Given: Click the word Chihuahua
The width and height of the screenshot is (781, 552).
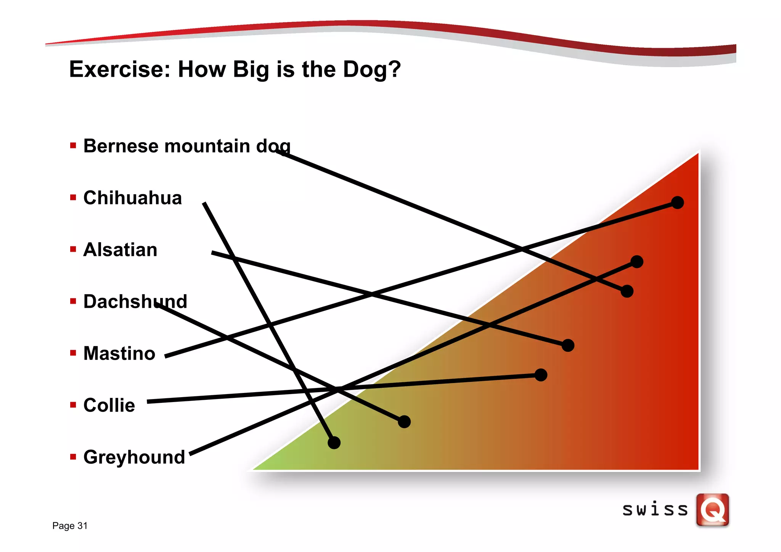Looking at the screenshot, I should pos(132,198).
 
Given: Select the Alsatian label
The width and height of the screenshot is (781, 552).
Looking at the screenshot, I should pos(120,250).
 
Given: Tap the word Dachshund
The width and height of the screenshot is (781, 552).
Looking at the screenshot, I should pos(135,302).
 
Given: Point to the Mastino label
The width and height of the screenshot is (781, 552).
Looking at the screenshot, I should pos(119,354).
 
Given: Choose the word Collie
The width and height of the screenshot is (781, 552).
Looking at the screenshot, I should pos(109,406).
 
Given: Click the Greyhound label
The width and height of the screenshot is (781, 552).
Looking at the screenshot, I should pos(134,457).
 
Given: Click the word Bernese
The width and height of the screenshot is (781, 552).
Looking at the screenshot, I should pos(121,146).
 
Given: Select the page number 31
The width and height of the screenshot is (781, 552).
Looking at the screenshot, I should pos(82,526).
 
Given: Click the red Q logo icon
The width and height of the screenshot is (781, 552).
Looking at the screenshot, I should pos(712,510).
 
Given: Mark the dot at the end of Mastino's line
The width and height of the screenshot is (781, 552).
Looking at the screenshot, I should pos(677,203).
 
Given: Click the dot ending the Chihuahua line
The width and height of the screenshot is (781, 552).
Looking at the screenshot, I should pos(334,443).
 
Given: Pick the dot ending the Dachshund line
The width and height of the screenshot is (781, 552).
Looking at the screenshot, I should pos(404,422).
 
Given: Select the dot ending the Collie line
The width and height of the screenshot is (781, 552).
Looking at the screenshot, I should pos(541,375).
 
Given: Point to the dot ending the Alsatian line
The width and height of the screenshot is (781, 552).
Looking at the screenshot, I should pos(568,346).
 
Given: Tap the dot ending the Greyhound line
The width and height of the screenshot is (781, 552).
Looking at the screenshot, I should pos(637,262).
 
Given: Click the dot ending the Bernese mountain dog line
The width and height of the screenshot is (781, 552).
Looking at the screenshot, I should pos(627,291).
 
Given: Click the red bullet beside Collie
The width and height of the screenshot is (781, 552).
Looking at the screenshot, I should pos(73,405).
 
